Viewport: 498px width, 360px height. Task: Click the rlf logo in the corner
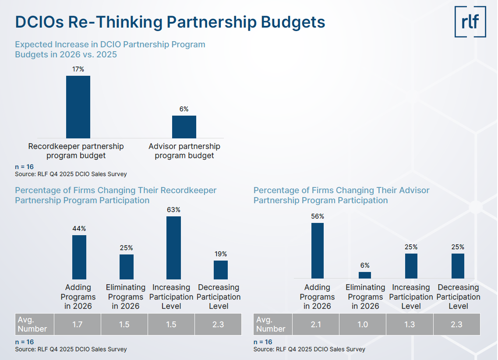pyautogui.click(x=470, y=21)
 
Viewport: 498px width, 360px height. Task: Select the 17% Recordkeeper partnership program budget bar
pyautogui.click(x=78, y=107)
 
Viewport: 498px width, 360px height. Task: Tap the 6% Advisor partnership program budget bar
pyautogui.click(x=184, y=127)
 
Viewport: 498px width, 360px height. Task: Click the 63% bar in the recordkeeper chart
pyautogui.click(x=173, y=247)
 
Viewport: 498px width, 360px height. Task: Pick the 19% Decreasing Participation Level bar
pyautogui.click(x=221, y=270)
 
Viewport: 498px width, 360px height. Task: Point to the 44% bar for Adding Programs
pyautogui.click(x=79, y=257)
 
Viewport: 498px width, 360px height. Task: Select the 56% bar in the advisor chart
pyautogui.click(x=318, y=251)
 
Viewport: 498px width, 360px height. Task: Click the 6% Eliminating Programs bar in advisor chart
pyautogui.click(x=365, y=275)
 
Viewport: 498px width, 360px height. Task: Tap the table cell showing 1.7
pyautogui.click(x=77, y=325)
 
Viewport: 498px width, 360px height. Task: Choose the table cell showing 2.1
pyautogui.click(x=316, y=325)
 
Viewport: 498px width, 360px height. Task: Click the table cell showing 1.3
pyautogui.click(x=410, y=325)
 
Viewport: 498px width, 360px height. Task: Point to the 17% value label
pyautogui.click(x=78, y=69)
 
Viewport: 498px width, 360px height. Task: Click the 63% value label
pyautogui.click(x=173, y=210)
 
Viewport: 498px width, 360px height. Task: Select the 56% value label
pyautogui.click(x=318, y=216)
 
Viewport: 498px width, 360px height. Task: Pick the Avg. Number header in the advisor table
pyautogui.click(x=271, y=325)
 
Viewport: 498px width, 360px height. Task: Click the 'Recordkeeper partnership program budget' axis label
pyautogui.click(x=76, y=151)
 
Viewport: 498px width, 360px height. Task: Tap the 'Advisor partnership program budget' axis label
pyautogui.click(x=184, y=151)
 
